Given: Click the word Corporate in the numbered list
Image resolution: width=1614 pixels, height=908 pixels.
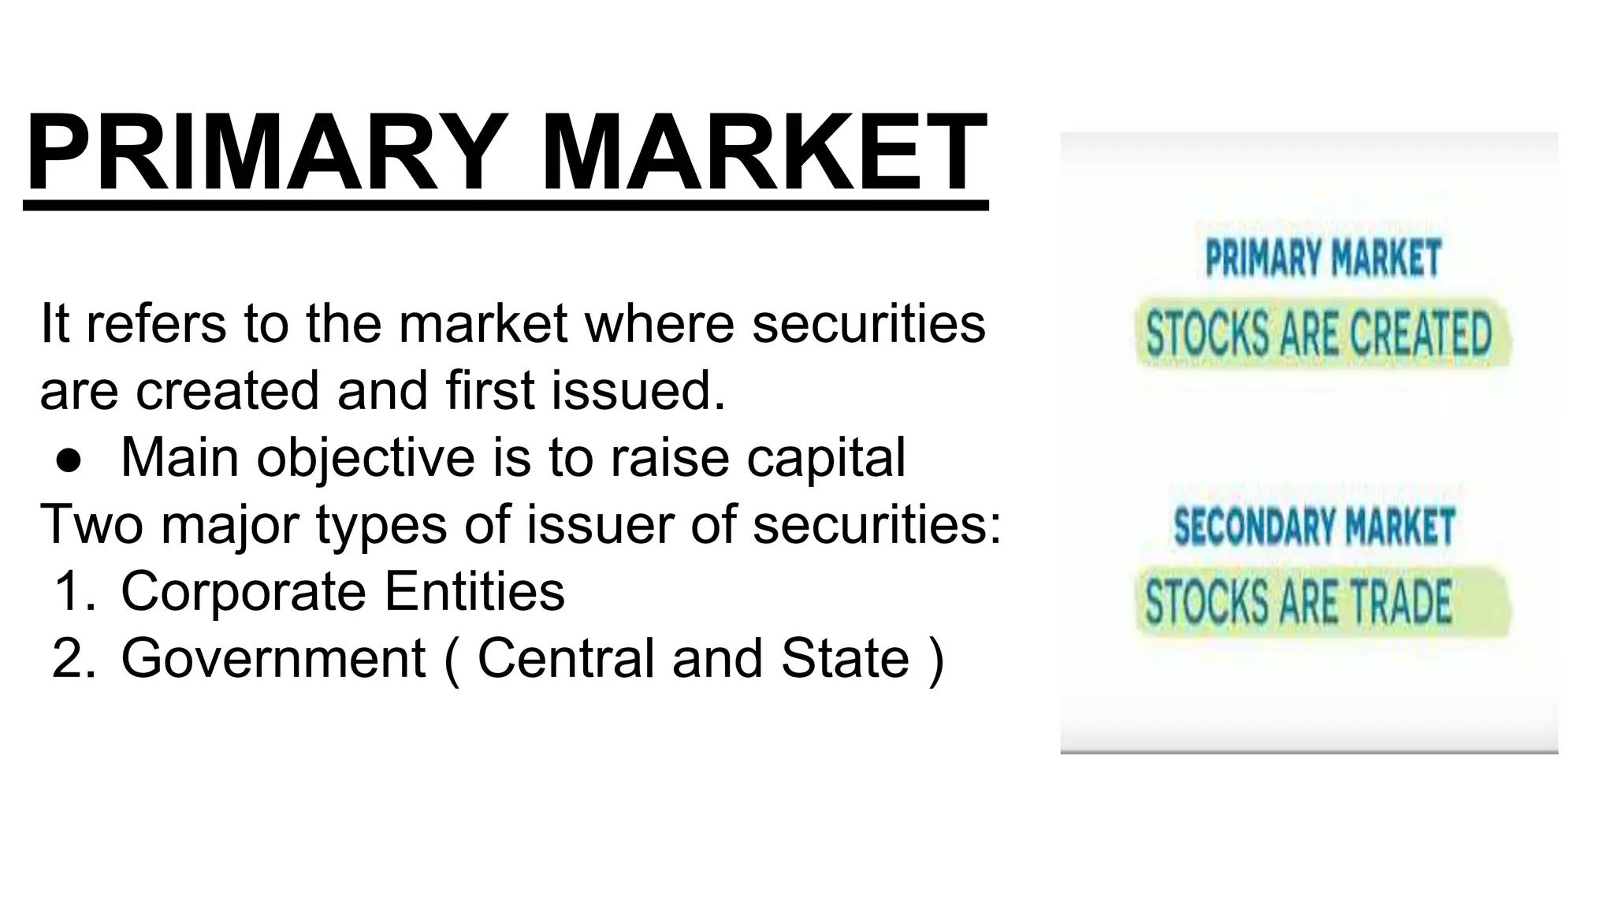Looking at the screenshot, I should point(244,591).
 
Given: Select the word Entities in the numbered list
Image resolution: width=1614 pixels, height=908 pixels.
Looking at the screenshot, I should point(474,591).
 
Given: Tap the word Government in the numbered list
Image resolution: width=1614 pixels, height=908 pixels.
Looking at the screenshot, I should point(273,658).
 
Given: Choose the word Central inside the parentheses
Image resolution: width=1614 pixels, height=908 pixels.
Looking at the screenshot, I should point(566,658).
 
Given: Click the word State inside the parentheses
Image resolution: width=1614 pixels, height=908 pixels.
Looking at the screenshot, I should point(845,658).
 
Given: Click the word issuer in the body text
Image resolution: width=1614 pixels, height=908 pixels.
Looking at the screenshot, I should point(599,524).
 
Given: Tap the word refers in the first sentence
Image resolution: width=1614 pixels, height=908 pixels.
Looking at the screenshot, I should point(155,323).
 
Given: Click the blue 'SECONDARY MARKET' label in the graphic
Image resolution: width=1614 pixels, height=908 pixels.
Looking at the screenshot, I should point(1314,527).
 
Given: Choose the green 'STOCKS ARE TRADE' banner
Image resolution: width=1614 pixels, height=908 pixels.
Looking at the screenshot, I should point(1299,601).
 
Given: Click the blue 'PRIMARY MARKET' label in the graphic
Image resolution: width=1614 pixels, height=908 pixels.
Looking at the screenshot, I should point(1323,258).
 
